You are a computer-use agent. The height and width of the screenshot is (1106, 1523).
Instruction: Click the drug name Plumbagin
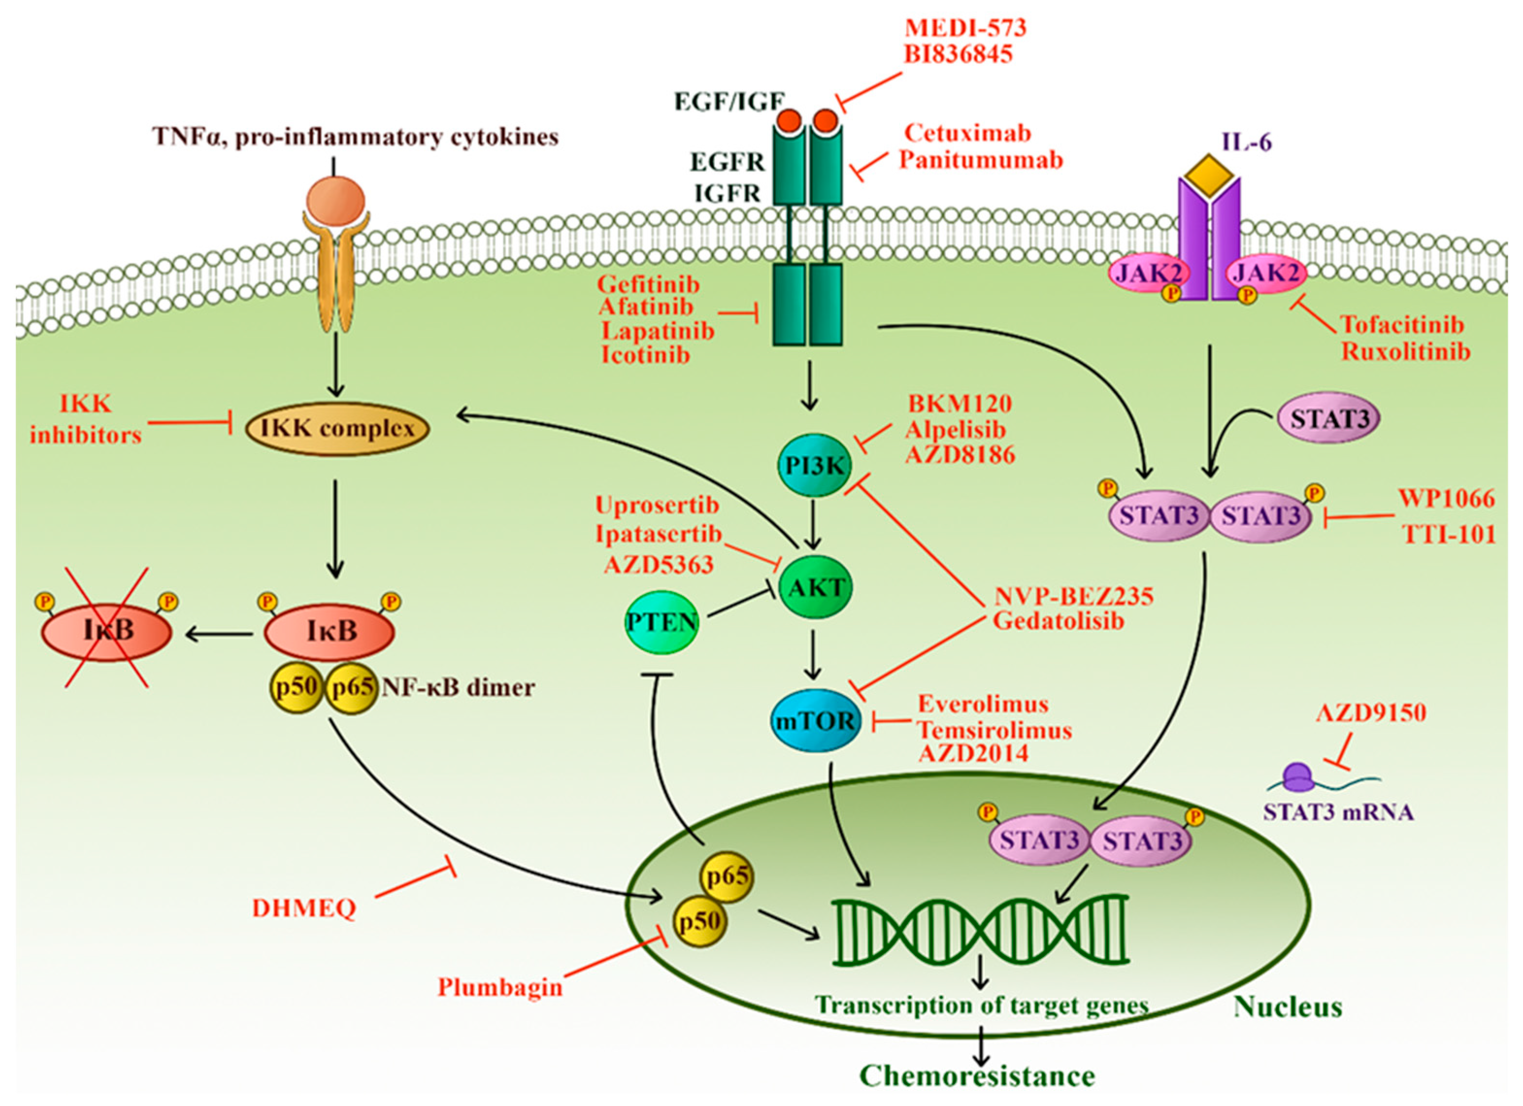pos(499,987)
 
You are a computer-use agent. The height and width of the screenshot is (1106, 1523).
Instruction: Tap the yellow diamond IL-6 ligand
pos(1208,175)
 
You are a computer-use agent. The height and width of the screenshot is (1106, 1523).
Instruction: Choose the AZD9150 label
pos(1371,712)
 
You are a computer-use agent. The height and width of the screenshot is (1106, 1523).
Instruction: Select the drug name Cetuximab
pos(967,133)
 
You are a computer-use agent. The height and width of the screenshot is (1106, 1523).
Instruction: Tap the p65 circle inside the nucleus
pos(727,877)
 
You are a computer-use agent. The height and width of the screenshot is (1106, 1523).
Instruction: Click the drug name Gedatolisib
pos(1059,621)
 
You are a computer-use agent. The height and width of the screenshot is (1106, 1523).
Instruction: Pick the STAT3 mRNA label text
pos(1339,812)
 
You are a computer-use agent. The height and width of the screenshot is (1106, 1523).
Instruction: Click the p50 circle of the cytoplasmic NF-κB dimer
pos(297,688)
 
